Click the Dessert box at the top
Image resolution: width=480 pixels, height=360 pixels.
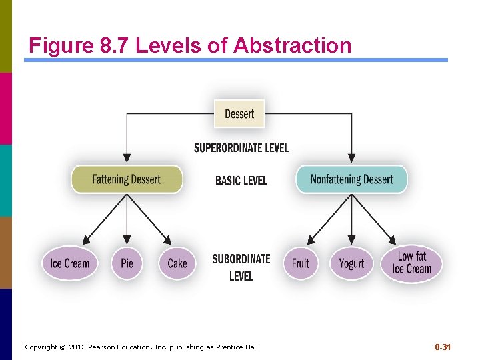(x=239, y=114)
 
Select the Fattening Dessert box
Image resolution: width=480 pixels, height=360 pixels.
(x=127, y=179)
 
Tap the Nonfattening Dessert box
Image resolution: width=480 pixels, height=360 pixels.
(x=351, y=179)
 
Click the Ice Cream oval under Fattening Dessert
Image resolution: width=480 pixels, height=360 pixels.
(x=69, y=263)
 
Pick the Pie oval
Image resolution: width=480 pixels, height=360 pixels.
(x=127, y=263)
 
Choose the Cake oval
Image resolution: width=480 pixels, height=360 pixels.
(x=177, y=263)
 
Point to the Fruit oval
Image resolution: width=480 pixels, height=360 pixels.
(x=301, y=263)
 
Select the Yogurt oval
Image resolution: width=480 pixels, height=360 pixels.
(x=351, y=263)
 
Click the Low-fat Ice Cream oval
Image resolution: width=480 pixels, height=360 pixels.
(x=411, y=263)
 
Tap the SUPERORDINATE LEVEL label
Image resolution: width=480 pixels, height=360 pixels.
(x=241, y=147)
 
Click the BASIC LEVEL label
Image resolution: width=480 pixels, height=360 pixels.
(x=241, y=181)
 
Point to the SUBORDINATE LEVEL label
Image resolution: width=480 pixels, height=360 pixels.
(x=241, y=267)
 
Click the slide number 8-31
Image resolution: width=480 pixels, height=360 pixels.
(x=443, y=347)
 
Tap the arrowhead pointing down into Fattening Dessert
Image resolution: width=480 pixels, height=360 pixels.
(x=127, y=159)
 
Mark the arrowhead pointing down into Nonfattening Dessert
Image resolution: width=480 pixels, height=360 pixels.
(x=351, y=159)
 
